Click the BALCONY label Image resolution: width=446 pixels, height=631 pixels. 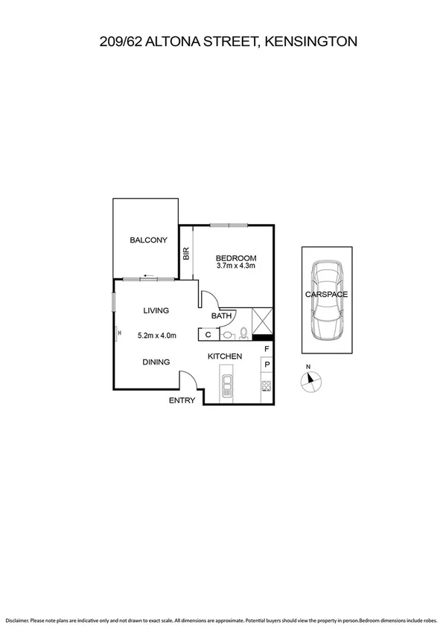[x=148, y=240]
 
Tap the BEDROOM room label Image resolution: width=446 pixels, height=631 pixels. [x=235, y=257]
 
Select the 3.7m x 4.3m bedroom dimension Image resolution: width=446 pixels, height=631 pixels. [x=235, y=266]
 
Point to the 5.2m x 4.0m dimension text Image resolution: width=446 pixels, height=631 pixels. [x=157, y=336]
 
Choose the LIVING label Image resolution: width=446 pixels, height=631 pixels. [x=156, y=310]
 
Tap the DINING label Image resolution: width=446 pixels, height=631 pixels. [x=156, y=362]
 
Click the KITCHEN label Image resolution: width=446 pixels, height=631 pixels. [x=224, y=356]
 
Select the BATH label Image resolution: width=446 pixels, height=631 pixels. [x=221, y=316]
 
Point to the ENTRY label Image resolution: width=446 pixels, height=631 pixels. [x=182, y=400]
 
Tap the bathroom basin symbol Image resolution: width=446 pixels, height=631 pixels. [x=227, y=335]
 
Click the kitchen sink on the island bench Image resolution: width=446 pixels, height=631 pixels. [x=227, y=384]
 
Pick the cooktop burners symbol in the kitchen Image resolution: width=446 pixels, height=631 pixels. [x=265, y=385]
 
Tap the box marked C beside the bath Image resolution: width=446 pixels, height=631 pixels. [x=208, y=335]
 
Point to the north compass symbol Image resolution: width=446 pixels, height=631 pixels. [x=310, y=380]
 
